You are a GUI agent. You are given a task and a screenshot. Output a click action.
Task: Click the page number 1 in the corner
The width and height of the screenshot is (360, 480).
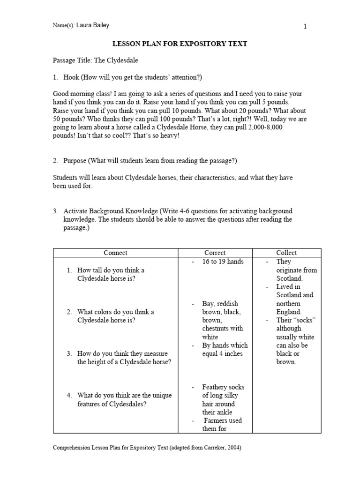point(305,27)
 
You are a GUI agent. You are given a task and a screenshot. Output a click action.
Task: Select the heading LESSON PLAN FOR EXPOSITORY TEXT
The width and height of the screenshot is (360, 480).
point(180,44)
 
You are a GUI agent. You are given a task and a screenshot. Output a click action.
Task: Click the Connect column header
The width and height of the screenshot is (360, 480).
point(115,253)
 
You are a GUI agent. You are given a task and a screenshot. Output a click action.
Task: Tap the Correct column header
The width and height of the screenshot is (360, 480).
point(215,253)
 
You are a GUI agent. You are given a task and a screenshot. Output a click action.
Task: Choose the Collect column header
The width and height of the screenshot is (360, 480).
point(286,253)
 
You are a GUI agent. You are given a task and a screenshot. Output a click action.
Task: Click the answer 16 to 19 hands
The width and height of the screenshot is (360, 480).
point(223,262)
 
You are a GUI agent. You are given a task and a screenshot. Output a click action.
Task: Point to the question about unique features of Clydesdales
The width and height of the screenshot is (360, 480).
point(124,399)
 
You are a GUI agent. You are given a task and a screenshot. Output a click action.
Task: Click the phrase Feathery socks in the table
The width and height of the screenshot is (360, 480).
point(223,387)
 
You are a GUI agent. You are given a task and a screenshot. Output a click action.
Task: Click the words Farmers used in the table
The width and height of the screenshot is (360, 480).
point(223,420)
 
